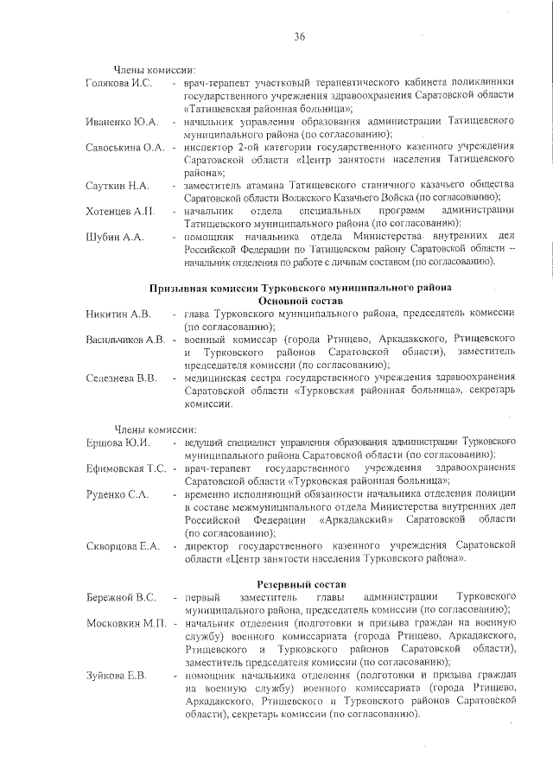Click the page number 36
point(300,35)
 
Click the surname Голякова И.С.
point(119,83)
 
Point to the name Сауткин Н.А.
point(118,186)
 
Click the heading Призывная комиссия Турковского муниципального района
point(301,287)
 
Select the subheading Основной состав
point(301,300)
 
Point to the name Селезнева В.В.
point(121,378)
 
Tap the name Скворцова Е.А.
point(123,546)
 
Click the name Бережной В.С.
point(121,598)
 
